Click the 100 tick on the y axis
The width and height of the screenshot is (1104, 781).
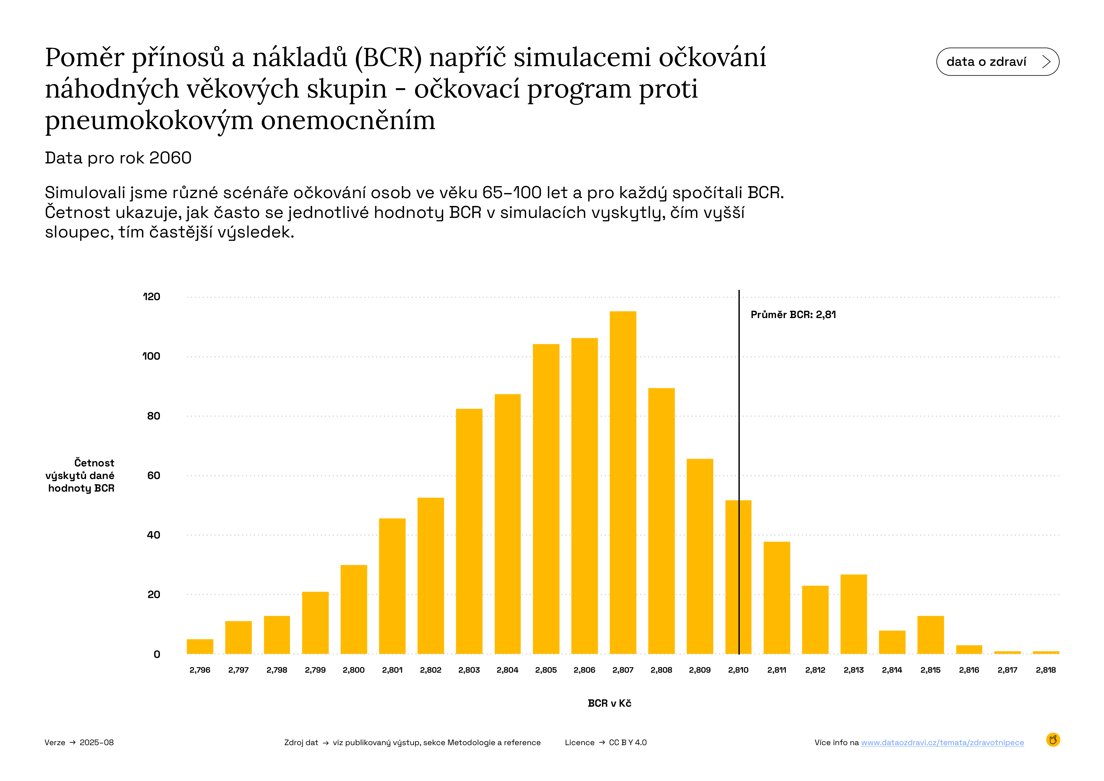(x=151, y=356)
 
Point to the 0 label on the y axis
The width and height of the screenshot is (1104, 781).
(x=157, y=654)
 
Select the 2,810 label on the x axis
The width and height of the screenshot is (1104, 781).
(x=738, y=670)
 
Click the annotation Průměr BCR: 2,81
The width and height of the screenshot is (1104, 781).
(x=793, y=315)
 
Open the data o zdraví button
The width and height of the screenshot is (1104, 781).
(x=997, y=61)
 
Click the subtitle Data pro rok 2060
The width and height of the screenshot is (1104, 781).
(x=118, y=158)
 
